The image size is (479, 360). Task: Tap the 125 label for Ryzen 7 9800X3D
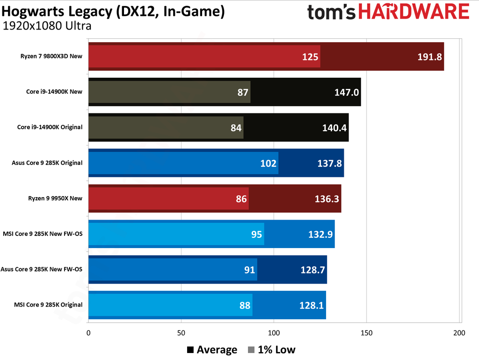310,57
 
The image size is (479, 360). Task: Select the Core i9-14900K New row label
54,92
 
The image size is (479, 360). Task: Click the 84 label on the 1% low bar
236,127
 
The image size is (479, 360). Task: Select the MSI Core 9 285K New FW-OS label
43,234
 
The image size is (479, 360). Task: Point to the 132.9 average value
320,234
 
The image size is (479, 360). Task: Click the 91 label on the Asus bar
249,270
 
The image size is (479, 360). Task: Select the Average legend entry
212,350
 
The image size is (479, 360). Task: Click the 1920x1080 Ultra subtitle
47,26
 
